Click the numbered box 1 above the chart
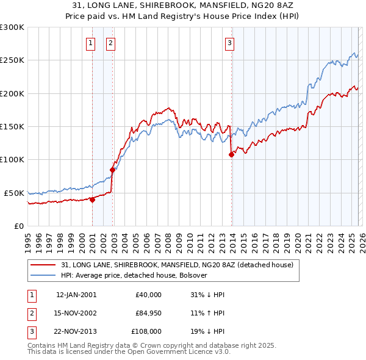pyautogui.click(x=91, y=43)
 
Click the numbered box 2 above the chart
pyautogui.click(x=110, y=43)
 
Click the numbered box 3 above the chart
pyautogui.click(x=229, y=43)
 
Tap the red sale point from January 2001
pyautogui.click(x=92, y=199)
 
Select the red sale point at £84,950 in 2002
pyautogui.click(x=113, y=170)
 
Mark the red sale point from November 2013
pyautogui.click(x=231, y=154)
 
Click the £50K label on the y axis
pyautogui.click(x=14, y=193)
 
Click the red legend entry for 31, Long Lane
pyautogui.click(x=178, y=265)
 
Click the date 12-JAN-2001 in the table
pyautogui.click(x=76, y=295)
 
